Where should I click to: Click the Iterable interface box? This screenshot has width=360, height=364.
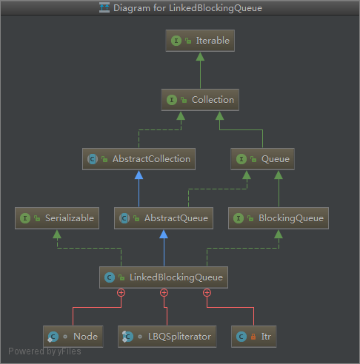pyautogui.click(x=200, y=41)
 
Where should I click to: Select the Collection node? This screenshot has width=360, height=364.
pyautogui.click(x=200, y=100)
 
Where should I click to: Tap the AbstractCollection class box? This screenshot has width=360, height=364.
pyautogui.click(x=139, y=159)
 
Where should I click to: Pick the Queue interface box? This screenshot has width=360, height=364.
pyautogui.click(x=262, y=159)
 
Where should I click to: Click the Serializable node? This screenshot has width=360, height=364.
pyautogui.click(x=57, y=218)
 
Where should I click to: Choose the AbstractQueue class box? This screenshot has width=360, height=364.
pyautogui.click(x=164, y=218)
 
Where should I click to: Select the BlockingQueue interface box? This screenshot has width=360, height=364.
pyautogui.click(x=279, y=218)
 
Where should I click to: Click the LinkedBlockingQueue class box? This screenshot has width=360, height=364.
pyautogui.click(x=164, y=277)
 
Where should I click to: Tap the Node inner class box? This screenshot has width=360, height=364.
pyautogui.click(x=73, y=337)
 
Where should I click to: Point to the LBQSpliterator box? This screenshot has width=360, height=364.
pyautogui.click(x=167, y=337)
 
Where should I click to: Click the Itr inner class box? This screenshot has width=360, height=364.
pyautogui.click(x=254, y=337)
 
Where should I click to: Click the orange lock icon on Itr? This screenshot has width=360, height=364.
pyautogui.click(x=253, y=337)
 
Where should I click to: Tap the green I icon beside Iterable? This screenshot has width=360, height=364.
pyautogui.click(x=176, y=41)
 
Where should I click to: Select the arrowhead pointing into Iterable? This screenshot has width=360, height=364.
pyautogui.click(x=200, y=56)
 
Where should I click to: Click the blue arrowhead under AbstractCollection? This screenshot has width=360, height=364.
pyautogui.click(x=139, y=175)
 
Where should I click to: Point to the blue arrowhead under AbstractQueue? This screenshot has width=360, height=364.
pyautogui.click(x=164, y=234)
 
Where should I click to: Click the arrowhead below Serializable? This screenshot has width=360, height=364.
pyautogui.click(x=57, y=234)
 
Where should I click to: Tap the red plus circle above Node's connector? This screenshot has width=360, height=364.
pyautogui.click(x=121, y=293)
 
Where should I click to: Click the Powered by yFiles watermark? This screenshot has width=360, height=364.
pyautogui.click(x=44, y=351)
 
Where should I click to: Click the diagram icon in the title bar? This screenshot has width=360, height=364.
pyautogui.click(x=104, y=7)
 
